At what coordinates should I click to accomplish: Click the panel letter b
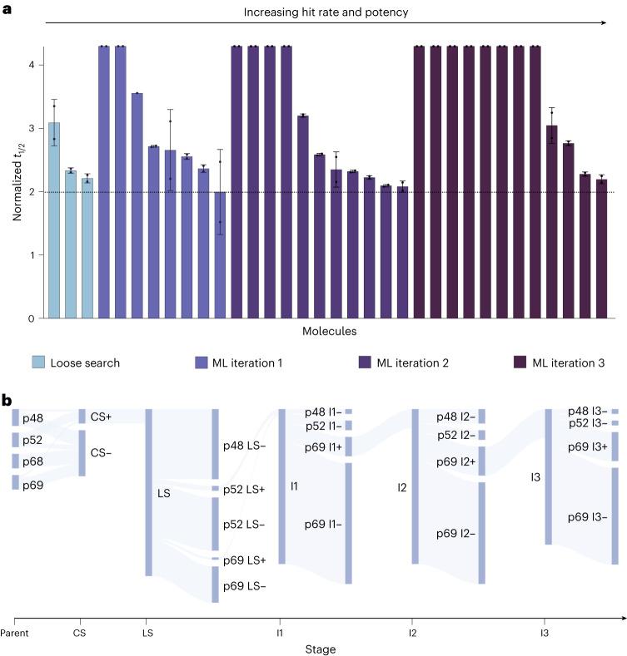click(x=7, y=401)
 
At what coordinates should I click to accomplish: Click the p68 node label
click(x=32, y=461)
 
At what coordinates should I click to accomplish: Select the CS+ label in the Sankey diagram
click(x=102, y=416)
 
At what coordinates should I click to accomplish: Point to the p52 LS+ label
click(x=243, y=489)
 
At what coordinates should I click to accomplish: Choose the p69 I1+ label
click(x=322, y=447)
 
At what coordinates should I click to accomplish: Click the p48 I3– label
click(x=587, y=411)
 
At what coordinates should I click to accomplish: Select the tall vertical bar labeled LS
click(x=149, y=492)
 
